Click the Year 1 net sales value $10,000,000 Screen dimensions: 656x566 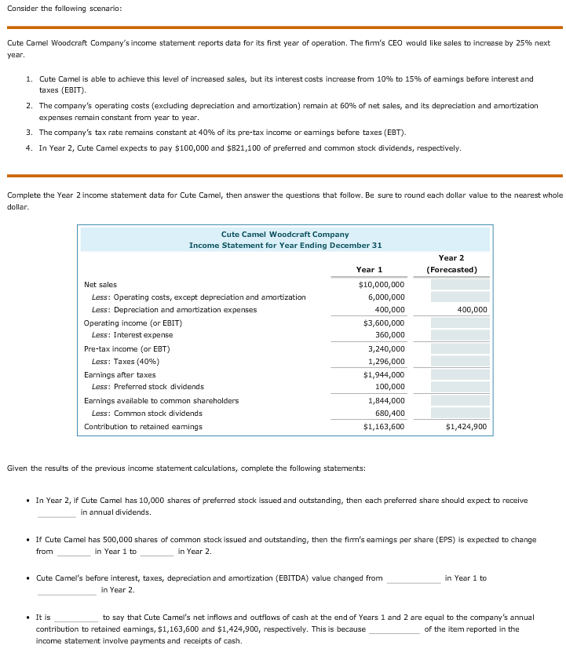tap(382, 284)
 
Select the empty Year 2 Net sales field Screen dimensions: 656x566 tap(459, 284)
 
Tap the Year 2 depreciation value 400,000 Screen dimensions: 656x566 tap(471, 310)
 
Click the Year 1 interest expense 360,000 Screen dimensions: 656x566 tap(387, 335)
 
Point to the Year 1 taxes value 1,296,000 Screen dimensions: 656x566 tap(386, 362)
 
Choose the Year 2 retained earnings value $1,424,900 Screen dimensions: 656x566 tap(466, 427)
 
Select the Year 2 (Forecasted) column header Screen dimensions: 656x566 tap(451, 264)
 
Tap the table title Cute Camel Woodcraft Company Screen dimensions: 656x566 tap(285, 234)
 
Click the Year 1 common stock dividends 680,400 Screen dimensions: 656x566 tap(387, 414)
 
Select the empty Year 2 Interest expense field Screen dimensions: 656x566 tap(459, 335)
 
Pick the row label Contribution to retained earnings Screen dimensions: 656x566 tap(143, 427)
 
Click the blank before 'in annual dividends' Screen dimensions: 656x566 tap(57, 512)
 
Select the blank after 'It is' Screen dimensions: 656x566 tap(76, 618)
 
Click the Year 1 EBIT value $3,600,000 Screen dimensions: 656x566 tap(382, 323)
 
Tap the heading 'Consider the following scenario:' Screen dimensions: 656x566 tap(61, 8)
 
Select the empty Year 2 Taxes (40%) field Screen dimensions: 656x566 tap(459, 362)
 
